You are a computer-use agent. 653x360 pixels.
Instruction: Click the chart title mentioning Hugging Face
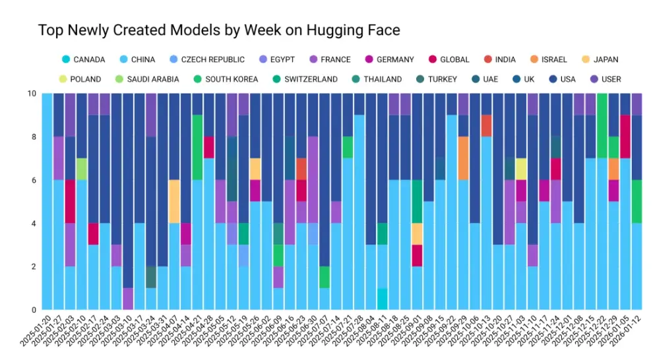(219, 30)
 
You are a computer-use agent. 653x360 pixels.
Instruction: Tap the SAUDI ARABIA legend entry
(129, 79)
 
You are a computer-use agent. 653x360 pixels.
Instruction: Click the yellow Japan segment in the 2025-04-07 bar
(174, 202)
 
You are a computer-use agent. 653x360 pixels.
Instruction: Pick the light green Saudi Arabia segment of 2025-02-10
(81, 169)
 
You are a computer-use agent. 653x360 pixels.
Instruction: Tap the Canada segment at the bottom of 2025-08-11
(383, 299)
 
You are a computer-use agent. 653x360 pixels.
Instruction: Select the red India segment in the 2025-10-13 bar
(486, 126)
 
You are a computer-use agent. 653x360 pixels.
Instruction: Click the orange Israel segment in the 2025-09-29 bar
(464, 158)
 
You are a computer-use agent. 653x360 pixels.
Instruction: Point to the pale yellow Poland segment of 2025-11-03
(521, 169)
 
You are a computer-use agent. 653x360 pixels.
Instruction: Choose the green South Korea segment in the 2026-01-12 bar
(637, 202)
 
